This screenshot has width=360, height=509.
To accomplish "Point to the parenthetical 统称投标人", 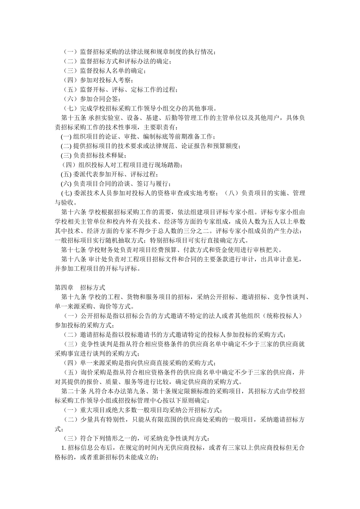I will (279, 315).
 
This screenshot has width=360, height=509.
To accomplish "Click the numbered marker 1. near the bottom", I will (64, 447).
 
